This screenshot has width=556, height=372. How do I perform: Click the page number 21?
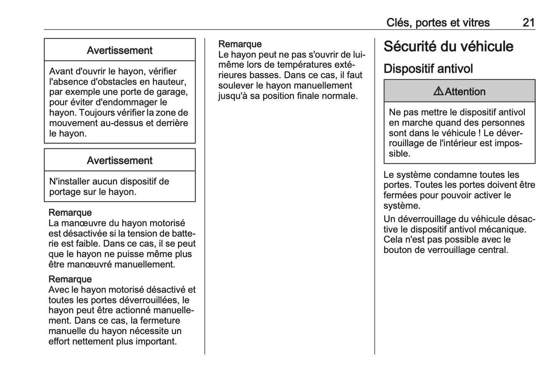pyautogui.click(x=528, y=22)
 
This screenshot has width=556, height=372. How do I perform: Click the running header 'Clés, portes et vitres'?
pyautogui.click(x=438, y=22)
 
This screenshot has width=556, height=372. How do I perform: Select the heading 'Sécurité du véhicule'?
pyautogui.click(x=448, y=47)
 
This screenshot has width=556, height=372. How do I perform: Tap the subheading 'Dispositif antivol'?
pyautogui.click(x=428, y=69)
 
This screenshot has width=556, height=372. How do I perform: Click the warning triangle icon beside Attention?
pyautogui.click(x=438, y=91)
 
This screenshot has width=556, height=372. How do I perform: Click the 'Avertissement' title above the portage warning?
pyautogui.click(x=120, y=161)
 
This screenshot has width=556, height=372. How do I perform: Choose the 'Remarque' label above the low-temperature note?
pyautogui.click(x=240, y=44)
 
